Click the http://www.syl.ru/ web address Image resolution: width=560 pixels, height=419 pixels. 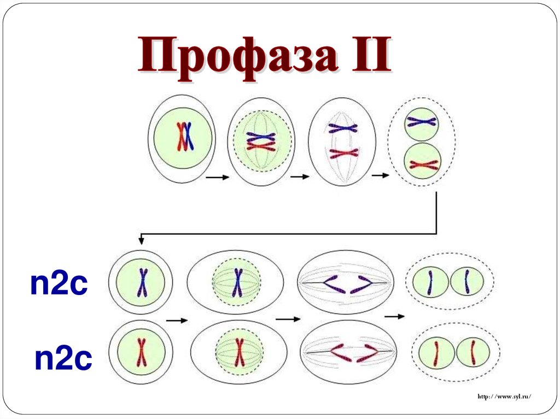pos(504,396)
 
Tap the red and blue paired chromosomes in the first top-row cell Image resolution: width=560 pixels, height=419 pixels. pos(184,137)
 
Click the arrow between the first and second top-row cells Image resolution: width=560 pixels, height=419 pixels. pos(217,177)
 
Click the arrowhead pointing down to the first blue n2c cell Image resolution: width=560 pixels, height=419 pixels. pos(141,240)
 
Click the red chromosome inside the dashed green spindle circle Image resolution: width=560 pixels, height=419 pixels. pos(239,352)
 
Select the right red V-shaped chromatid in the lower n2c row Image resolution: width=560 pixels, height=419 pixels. pos(365,352)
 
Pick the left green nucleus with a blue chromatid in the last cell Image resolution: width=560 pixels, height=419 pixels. pos(430,282)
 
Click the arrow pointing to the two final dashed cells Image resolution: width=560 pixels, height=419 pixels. pos(394,316)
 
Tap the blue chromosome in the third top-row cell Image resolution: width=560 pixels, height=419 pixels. pos(342,128)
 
